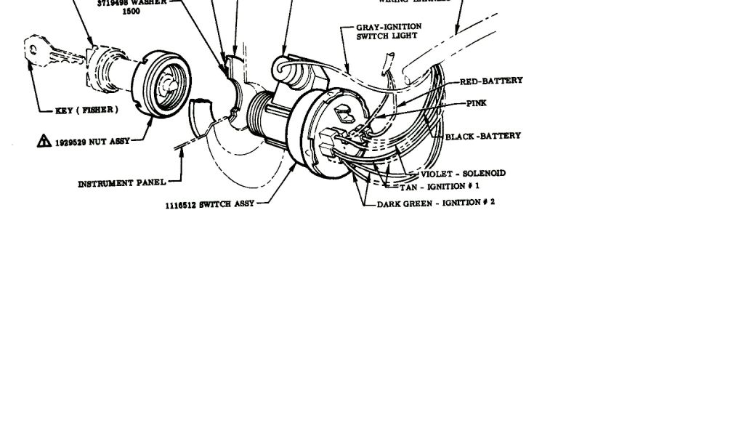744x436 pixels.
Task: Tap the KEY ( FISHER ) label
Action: (86, 110)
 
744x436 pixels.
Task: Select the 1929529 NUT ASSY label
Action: (92, 142)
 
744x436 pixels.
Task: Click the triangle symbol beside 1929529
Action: (44, 141)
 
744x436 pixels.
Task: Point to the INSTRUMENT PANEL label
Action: (121, 183)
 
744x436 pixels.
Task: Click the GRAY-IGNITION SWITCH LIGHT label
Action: (388, 31)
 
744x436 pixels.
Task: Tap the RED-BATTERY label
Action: (491, 81)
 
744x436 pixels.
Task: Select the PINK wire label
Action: (477, 103)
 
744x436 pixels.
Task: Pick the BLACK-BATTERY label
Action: (482, 136)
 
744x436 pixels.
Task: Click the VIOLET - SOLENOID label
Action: (463, 174)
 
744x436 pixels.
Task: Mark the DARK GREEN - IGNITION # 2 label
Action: (435, 203)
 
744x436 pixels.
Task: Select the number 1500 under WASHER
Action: (131, 12)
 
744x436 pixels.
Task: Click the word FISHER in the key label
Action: (99, 110)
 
